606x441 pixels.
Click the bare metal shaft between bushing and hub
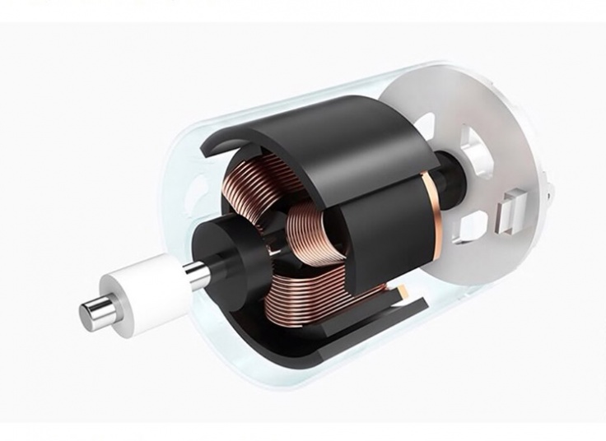pos(198,274)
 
